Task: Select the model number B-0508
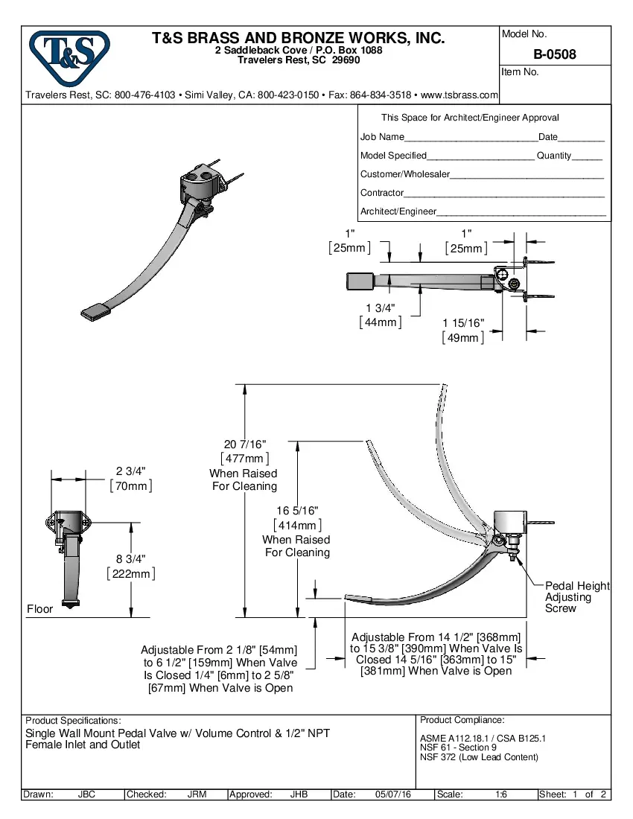point(554,54)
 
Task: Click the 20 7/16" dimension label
point(245,445)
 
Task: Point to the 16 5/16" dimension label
point(297,511)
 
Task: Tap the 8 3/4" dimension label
point(131,558)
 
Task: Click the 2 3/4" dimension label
point(131,471)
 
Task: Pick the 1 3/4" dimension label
point(381,308)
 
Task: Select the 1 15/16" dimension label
point(463,323)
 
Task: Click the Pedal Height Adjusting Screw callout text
point(577,597)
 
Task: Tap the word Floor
point(40,609)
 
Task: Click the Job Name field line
point(470,138)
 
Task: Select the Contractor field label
point(382,193)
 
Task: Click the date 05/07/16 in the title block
point(394,794)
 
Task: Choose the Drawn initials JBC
point(87,794)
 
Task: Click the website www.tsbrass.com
point(459,95)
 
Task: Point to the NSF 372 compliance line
point(479,757)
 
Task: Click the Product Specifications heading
point(73,721)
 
